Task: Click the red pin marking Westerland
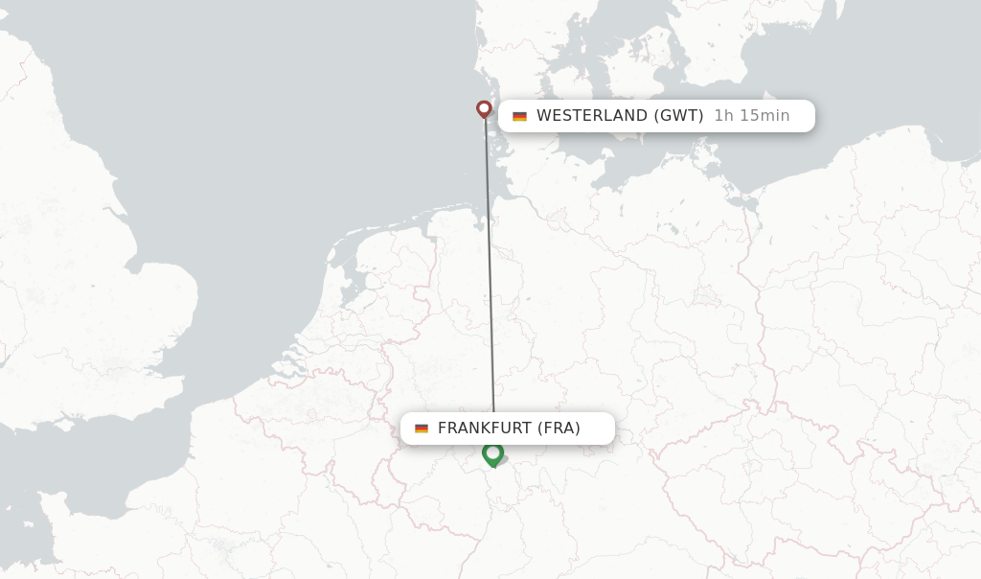pyautogui.click(x=484, y=109)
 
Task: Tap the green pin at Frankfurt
pyautogui.click(x=493, y=453)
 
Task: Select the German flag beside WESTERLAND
pyautogui.click(x=519, y=116)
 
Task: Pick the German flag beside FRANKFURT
pyautogui.click(x=422, y=428)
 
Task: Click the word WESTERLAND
pyautogui.click(x=592, y=116)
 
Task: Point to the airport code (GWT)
pyautogui.click(x=678, y=116)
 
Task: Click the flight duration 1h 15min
pyautogui.click(x=752, y=116)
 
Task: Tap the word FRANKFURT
pyautogui.click(x=484, y=428)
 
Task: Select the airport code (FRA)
pyautogui.click(x=559, y=428)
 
